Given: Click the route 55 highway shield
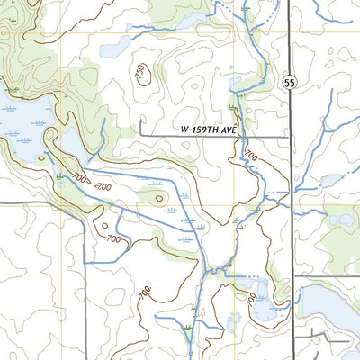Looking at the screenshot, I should (288, 82).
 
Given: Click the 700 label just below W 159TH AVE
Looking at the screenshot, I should (250, 157).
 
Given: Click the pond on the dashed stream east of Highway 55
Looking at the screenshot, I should (330, 181).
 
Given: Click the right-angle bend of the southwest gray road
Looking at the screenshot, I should (84, 205).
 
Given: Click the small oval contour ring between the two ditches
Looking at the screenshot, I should (159, 197).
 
